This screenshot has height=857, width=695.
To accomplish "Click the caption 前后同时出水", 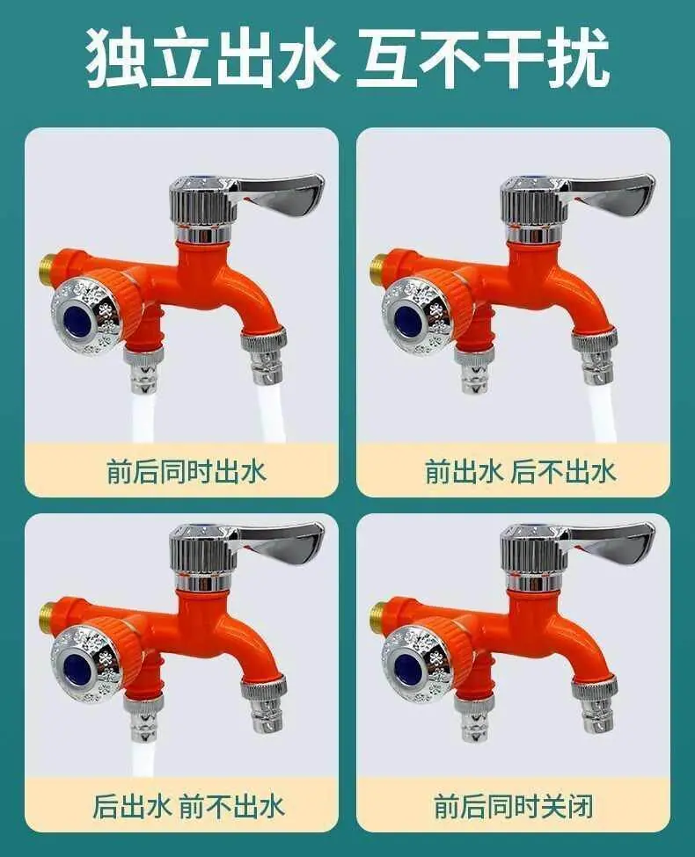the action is tap(186, 472).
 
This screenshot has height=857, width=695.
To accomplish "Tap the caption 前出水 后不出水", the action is tap(521, 472).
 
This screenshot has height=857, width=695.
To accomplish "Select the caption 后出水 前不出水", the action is tap(188, 806).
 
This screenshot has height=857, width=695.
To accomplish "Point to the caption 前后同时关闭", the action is tap(513, 806).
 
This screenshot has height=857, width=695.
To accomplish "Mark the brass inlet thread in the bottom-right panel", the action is tap(377, 614).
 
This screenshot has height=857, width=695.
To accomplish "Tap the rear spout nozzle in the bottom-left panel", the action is tap(144, 717).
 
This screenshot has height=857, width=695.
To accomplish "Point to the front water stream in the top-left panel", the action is tap(272, 411).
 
